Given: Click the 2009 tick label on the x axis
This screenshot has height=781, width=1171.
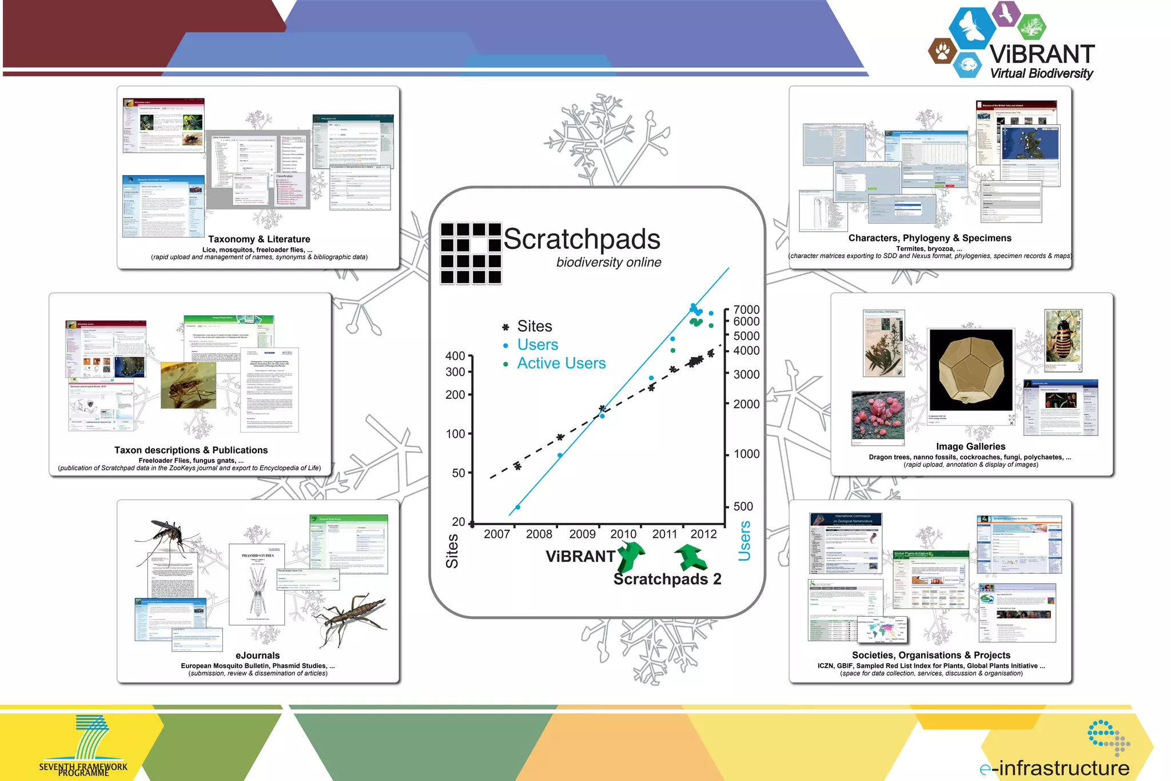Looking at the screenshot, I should pyautogui.click(x=582, y=534).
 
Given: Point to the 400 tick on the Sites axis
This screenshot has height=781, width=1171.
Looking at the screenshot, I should pyautogui.click(x=456, y=356).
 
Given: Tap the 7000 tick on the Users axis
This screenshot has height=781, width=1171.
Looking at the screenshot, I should pyautogui.click(x=746, y=310).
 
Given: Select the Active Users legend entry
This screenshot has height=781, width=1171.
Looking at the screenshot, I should pyautogui.click(x=561, y=363).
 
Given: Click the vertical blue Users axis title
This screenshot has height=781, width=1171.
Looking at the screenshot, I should pyautogui.click(x=744, y=541).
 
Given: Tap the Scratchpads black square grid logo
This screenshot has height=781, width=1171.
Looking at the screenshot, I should pyautogui.click(x=471, y=253).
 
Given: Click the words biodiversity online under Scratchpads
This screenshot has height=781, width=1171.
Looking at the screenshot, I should pyautogui.click(x=608, y=262).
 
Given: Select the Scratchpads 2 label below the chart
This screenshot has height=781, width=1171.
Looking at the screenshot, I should pyautogui.click(x=667, y=579).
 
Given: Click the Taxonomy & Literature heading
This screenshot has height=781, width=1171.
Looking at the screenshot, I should pyautogui.click(x=259, y=239).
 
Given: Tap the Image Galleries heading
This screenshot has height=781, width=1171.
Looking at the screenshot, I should pyautogui.click(x=970, y=446).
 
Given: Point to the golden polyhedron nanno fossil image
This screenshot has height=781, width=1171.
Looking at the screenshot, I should pyautogui.click(x=970, y=370).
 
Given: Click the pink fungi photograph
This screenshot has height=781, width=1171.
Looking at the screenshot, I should pyautogui.click(x=878, y=418).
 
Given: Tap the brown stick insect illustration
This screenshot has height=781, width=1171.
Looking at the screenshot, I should pyautogui.click(x=352, y=615).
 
